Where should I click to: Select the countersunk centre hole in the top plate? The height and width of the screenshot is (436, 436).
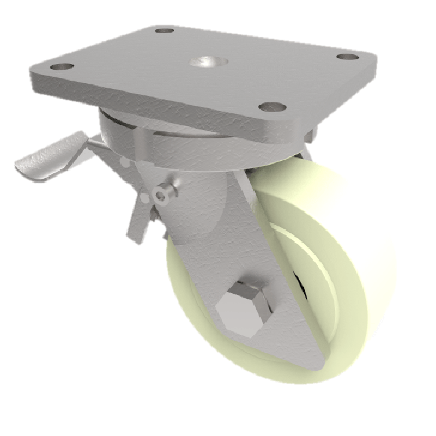(x=205, y=62)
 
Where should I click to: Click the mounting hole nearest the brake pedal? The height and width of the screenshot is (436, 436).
(x=61, y=68)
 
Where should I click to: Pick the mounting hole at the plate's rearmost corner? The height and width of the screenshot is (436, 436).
(x=164, y=30)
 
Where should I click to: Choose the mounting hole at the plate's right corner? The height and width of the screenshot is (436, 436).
(x=344, y=57)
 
